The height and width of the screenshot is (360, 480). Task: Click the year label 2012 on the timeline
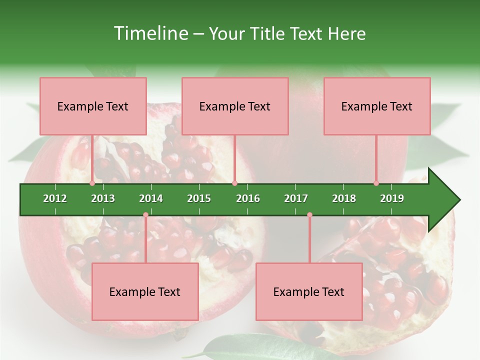(x=55, y=198)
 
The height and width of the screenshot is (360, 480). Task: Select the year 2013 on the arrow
(x=103, y=198)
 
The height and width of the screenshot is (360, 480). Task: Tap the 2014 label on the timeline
(x=151, y=198)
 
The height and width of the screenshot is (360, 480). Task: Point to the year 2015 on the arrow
(x=199, y=198)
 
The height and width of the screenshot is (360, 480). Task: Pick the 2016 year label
(x=248, y=198)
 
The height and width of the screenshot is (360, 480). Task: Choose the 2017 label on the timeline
(x=296, y=198)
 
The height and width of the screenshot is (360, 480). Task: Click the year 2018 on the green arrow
(x=344, y=198)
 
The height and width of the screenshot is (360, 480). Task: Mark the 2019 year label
(x=392, y=198)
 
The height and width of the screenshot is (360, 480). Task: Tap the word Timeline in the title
(x=149, y=33)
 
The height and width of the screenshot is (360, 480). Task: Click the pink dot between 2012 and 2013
(x=92, y=183)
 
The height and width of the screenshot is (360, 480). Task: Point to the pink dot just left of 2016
(x=234, y=183)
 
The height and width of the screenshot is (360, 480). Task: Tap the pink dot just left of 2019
(x=376, y=183)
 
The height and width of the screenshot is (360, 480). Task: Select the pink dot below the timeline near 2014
(x=145, y=215)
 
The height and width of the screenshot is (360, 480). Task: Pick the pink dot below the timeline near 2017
(x=309, y=215)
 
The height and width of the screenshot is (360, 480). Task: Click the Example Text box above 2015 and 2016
(x=235, y=106)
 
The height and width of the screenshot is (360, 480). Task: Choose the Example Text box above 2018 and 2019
(x=377, y=106)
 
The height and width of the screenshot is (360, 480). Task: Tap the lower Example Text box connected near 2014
(x=145, y=291)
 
